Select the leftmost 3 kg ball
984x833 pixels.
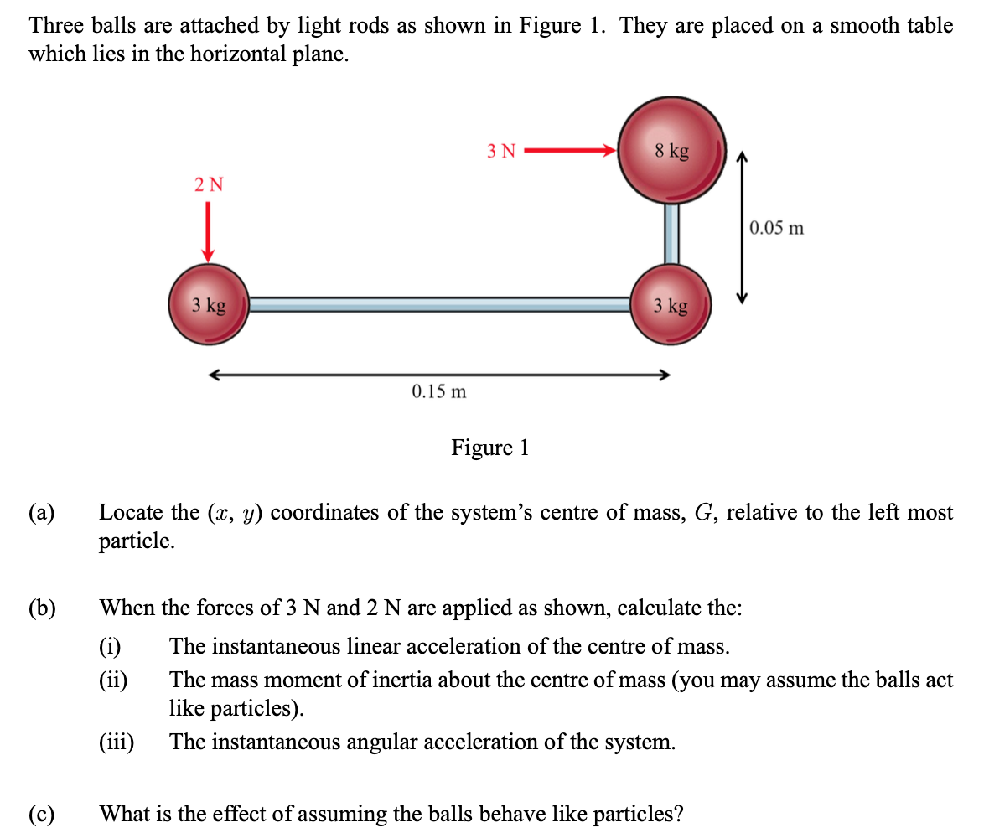pos(209,305)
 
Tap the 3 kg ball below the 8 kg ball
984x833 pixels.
pos(671,305)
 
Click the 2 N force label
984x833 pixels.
pos(209,184)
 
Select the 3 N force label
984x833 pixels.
pos(501,151)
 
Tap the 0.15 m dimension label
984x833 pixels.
pos(439,391)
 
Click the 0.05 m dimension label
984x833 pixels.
pos(777,228)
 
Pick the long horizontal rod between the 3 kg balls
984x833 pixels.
pos(440,305)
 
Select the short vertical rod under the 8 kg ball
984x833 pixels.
pos(671,233)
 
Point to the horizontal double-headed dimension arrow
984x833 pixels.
pos(439,375)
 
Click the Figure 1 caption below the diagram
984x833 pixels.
pos(490,448)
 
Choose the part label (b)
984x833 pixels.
pos(42,608)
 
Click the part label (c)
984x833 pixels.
pos(42,814)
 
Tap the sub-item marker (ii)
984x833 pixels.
pos(113,680)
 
